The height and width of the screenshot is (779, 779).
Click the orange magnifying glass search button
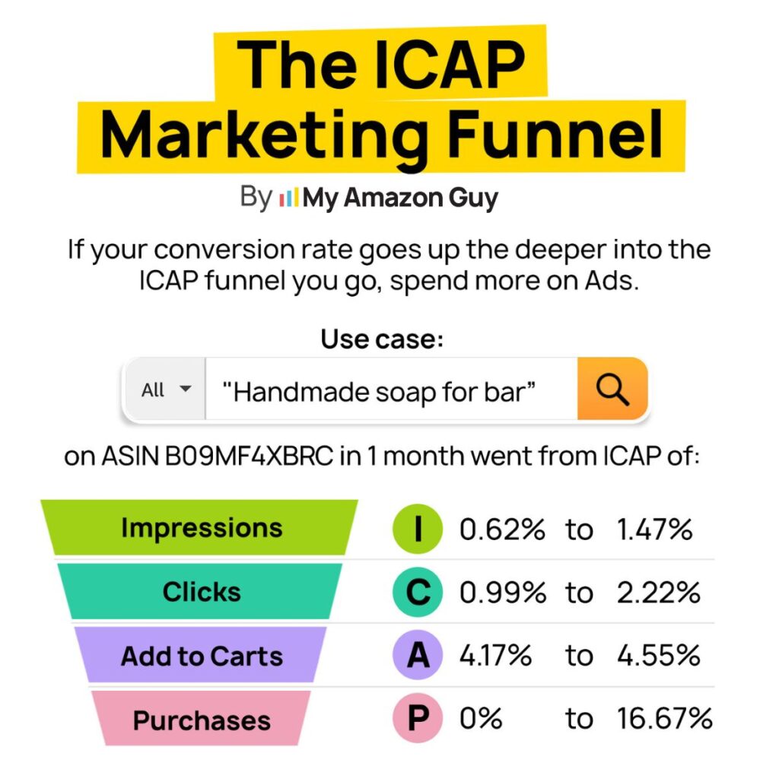612,389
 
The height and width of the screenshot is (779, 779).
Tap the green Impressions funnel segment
201,528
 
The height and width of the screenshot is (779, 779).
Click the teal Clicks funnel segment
201,592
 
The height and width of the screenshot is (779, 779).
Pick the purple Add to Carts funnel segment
201,656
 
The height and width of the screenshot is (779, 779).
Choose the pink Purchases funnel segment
201,720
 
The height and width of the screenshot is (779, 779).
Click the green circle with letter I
418,529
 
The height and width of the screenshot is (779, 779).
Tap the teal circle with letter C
418,593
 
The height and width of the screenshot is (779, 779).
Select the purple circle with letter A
418,656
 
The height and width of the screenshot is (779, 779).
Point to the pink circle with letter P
418,719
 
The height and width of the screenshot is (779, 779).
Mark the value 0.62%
502,529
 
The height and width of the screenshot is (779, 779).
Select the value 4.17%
495,656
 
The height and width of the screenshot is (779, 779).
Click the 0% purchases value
481,719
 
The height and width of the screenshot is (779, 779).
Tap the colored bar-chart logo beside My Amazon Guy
288,199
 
